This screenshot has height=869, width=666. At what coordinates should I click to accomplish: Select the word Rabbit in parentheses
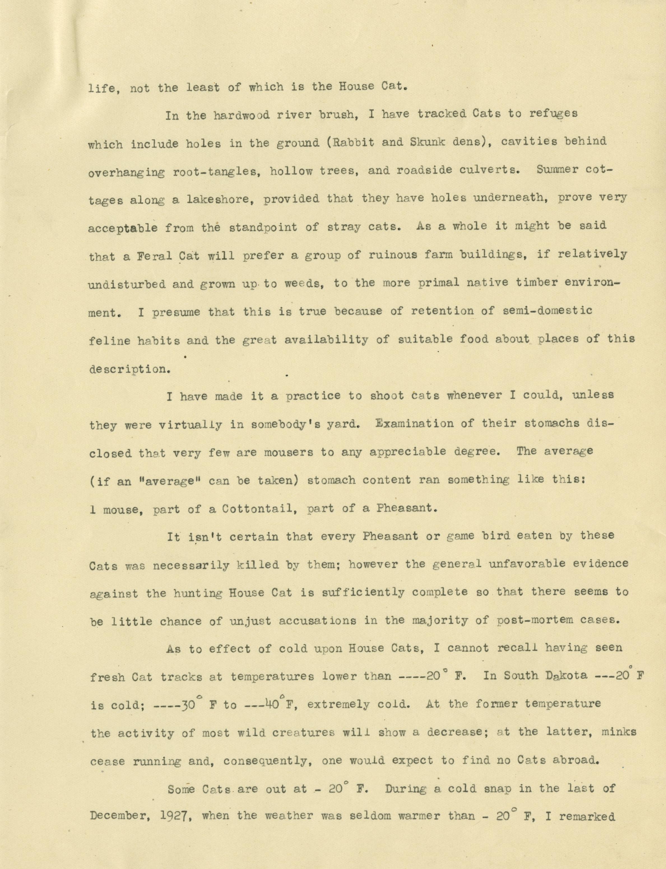(348, 142)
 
